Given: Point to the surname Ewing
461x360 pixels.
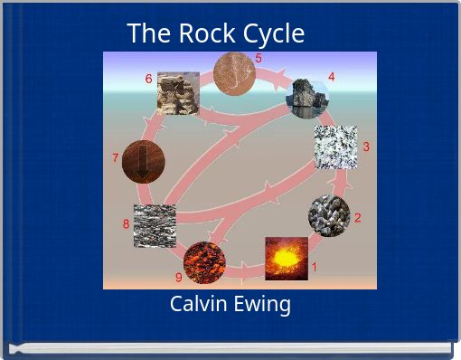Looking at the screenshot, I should (265, 305).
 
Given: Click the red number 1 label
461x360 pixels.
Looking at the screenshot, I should (315, 268).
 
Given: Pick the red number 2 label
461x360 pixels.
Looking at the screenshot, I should (358, 217).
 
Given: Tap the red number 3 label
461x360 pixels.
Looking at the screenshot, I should (366, 147).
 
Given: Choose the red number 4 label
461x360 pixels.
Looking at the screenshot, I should (332, 77).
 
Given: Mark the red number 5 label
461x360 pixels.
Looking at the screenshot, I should (259, 58).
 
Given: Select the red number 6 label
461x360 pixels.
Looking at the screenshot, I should (148, 79).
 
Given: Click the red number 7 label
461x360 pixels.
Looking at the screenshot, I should (115, 157).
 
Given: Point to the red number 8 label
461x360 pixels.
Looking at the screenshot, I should (126, 224).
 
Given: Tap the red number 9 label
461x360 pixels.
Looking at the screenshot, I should (178, 277).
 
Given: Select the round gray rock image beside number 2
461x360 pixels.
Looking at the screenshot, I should (328, 216).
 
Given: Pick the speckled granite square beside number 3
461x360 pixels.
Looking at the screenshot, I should (335, 147).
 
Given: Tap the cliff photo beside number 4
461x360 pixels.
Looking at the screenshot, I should (305, 95).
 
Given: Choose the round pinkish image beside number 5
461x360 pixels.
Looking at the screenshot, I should (234, 72).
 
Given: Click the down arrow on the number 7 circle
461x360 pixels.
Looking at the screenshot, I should (143, 163).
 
